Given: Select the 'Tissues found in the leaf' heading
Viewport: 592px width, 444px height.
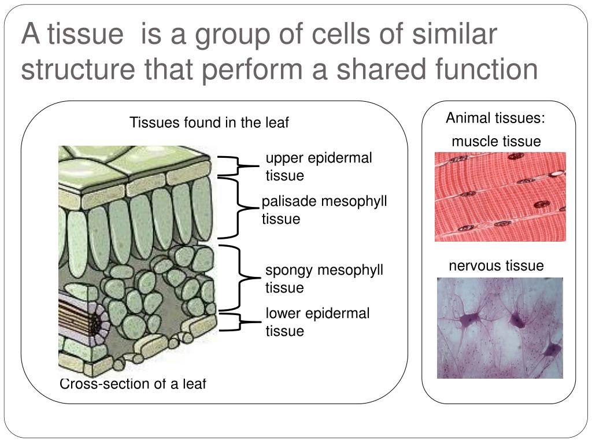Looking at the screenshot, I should point(209,123).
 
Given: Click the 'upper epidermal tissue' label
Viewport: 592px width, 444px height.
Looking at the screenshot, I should point(319,166).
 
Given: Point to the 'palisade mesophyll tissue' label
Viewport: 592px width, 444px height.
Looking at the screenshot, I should point(324,210).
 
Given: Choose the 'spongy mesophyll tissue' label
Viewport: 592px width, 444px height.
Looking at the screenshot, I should point(324,279).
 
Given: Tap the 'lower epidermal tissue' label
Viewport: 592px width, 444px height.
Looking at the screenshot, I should point(317,322).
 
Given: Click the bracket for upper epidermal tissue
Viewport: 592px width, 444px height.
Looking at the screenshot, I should point(237,165).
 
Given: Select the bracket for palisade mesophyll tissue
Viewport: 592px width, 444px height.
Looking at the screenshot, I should point(238,208).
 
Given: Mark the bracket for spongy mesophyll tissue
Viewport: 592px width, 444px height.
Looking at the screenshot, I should point(238,278).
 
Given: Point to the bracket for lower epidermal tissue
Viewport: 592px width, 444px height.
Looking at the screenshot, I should point(237,322).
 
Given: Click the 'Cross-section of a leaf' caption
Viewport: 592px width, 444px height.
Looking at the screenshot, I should point(133,383).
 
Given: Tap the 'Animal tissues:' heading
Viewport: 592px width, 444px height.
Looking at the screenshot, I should point(495,119).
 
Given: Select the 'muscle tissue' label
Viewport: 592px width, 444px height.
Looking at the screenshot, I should point(496,141).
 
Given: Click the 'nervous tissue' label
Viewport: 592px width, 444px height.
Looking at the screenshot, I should point(496,265).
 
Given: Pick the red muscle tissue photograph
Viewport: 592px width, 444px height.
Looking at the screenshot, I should point(500,197).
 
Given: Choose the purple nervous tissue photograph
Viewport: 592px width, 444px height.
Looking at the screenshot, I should point(499,328).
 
